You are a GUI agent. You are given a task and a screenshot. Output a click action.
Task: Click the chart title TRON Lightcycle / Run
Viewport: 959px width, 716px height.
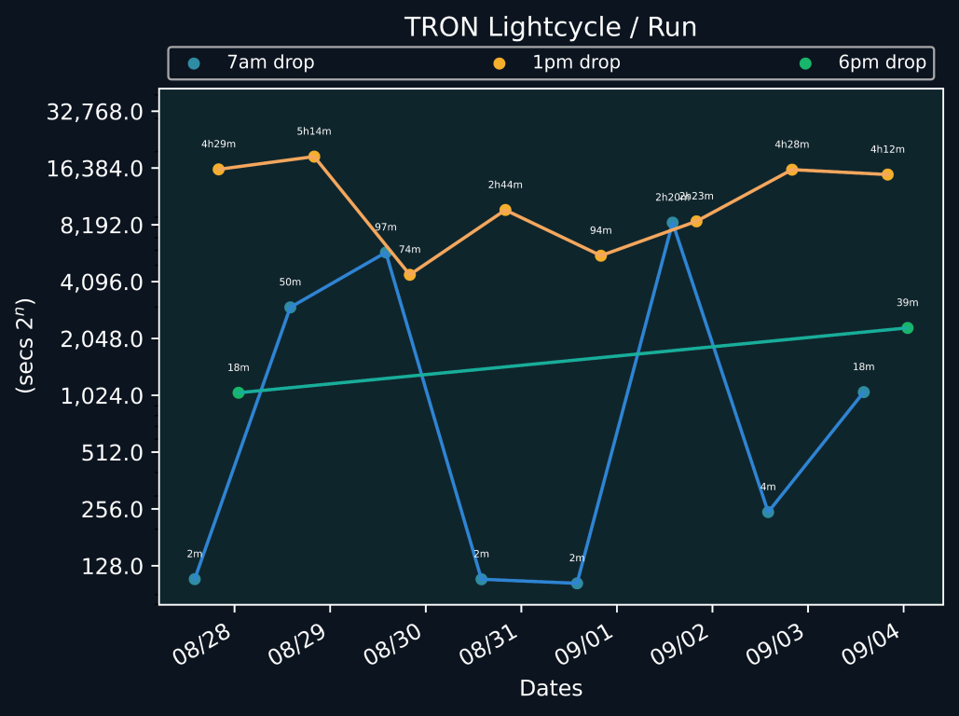click(x=550, y=27)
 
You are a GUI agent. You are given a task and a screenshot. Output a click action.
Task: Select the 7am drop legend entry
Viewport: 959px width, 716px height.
click(x=270, y=63)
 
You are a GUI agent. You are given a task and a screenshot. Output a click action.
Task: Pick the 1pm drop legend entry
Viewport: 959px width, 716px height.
click(x=576, y=63)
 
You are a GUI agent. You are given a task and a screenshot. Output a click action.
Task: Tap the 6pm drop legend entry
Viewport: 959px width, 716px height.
click(x=882, y=63)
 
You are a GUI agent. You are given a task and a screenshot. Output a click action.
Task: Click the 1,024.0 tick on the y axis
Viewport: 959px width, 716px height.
click(x=101, y=396)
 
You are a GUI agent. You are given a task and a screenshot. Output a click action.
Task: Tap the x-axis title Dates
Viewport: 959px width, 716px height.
click(x=551, y=689)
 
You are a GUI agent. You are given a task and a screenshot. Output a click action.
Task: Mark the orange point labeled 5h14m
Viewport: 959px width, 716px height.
click(x=314, y=157)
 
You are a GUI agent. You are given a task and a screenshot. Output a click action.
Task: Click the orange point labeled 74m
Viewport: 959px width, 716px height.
click(x=409, y=275)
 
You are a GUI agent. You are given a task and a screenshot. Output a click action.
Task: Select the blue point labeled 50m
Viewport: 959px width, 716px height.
click(x=290, y=308)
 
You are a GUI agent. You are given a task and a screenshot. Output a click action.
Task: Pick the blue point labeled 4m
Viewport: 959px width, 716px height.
click(x=768, y=512)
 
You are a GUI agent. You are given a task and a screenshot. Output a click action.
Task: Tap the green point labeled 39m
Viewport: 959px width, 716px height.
click(x=907, y=328)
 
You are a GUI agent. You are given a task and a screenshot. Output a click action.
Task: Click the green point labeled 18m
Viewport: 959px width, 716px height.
click(x=239, y=392)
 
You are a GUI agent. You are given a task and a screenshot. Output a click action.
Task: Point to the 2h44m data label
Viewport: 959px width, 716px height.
click(x=505, y=185)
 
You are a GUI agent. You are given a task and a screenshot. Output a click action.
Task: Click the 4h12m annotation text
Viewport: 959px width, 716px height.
click(x=887, y=149)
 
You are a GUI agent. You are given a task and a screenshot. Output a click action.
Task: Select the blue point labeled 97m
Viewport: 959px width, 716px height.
click(x=386, y=253)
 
